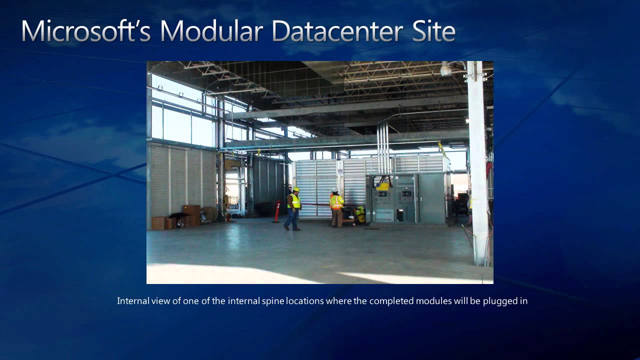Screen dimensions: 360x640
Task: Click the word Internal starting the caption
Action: tap(132, 301)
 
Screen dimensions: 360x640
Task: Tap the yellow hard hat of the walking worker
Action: tap(295, 189)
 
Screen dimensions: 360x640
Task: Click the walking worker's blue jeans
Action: tap(292, 219)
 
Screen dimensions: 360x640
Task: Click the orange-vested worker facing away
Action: tap(336, 207)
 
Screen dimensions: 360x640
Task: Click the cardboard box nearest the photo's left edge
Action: tap(159, 223)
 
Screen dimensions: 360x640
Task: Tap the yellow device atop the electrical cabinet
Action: tap(383, 185)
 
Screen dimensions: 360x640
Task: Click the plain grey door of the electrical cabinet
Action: tap(431, 198)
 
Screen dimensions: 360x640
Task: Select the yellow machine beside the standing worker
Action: tap(359, 215)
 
